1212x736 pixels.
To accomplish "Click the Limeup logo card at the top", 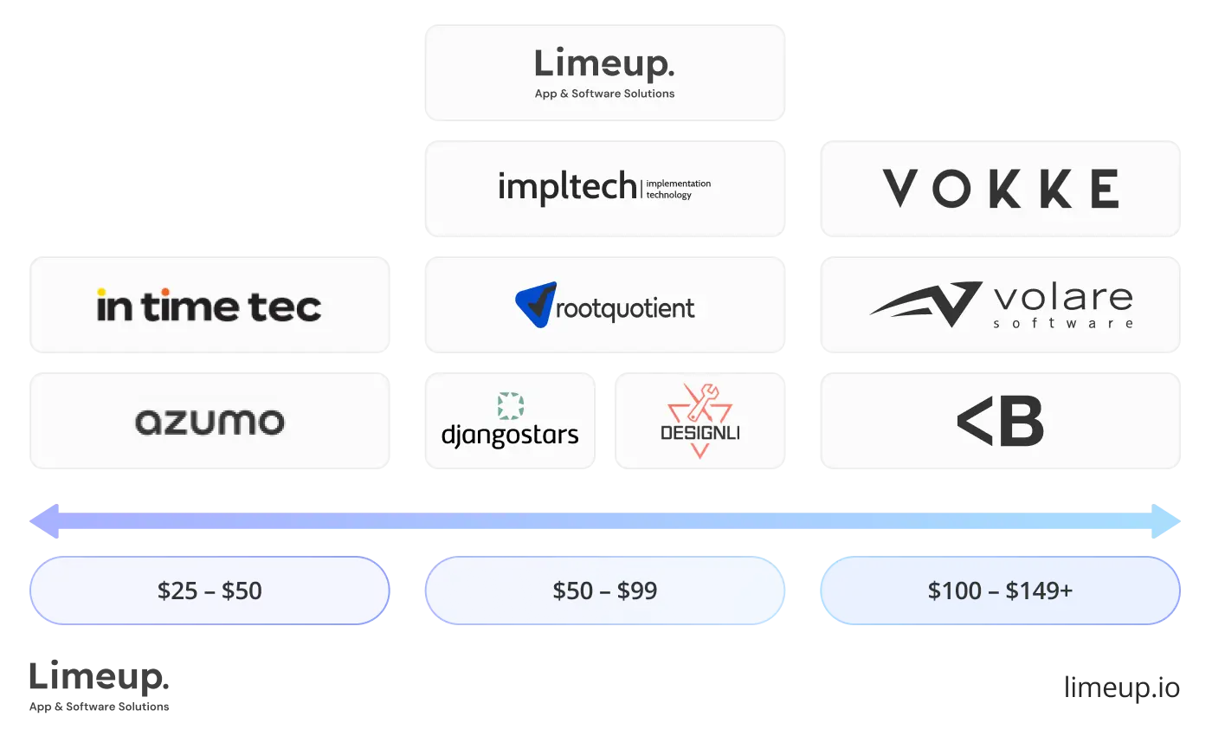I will coord(605,71).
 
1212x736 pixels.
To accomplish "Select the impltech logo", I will coord(567,188).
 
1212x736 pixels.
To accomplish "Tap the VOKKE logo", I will coord(1000,188).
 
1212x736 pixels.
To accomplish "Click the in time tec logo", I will coord(210,306).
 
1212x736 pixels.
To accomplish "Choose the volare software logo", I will coord(1000,305).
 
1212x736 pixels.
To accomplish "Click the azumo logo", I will coord(210,422).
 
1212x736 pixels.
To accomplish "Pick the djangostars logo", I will coord(510,422).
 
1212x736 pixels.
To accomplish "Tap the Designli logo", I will coord(699,421).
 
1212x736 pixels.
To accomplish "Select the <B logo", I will coord(1000,422).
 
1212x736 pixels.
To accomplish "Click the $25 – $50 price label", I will coord(210,591).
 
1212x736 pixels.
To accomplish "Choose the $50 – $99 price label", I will coord(605,591).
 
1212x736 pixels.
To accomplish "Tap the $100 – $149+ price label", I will coord(1000,591).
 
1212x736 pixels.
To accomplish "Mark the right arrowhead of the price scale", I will coord(1167,520).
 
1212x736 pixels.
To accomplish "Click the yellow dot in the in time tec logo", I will coord(102,292).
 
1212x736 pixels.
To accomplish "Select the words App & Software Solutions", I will coord(604,94).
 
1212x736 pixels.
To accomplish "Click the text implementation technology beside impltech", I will coord(678,189).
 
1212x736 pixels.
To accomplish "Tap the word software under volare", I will coord(1063,324).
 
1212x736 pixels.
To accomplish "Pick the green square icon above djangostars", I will coord(511,406).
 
